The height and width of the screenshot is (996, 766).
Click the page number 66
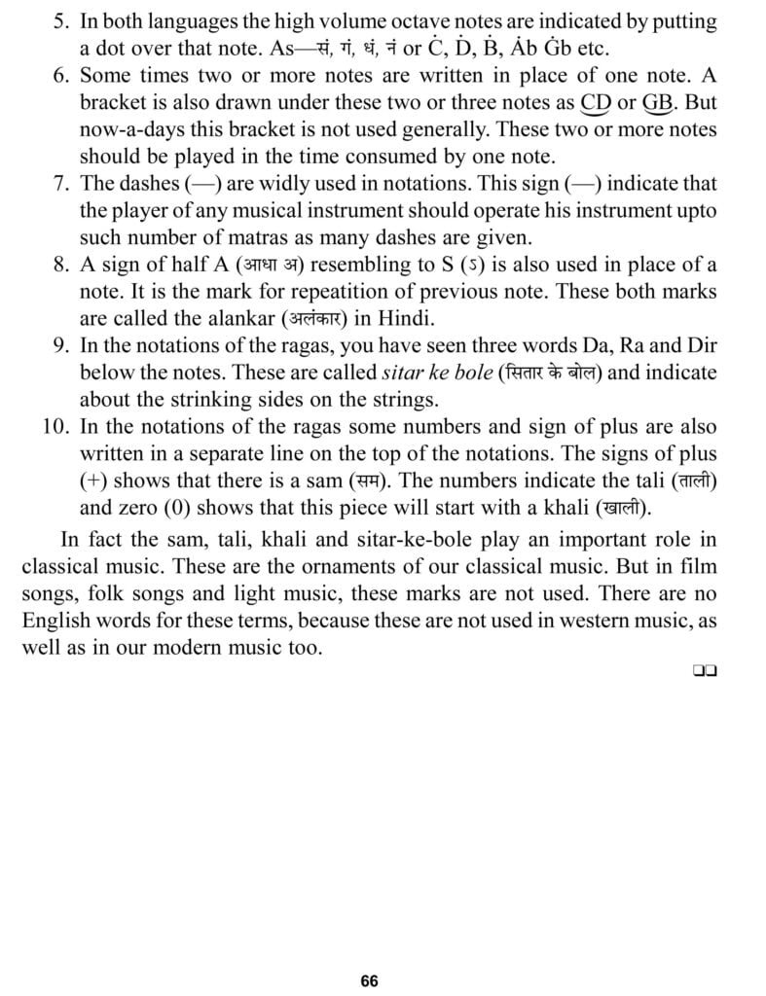tap(369, 980)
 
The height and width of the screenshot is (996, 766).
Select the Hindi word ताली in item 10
tap(709, 480)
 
